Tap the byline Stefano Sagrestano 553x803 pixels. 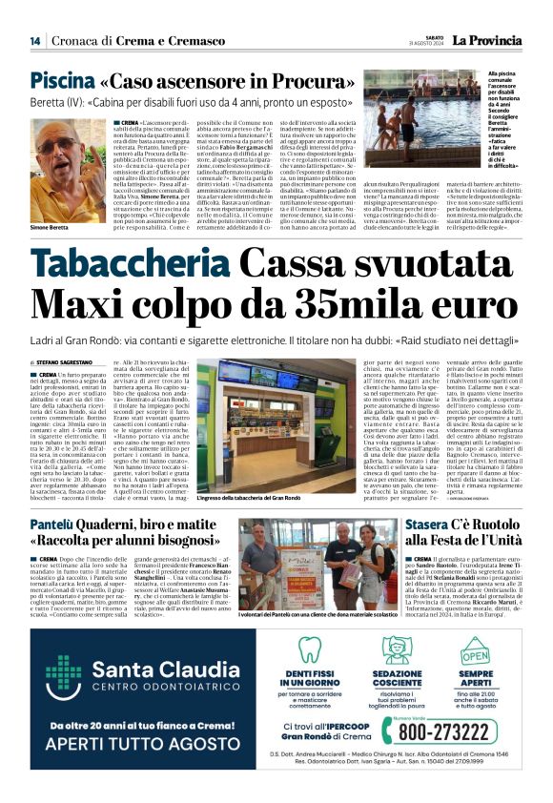(72, 363)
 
